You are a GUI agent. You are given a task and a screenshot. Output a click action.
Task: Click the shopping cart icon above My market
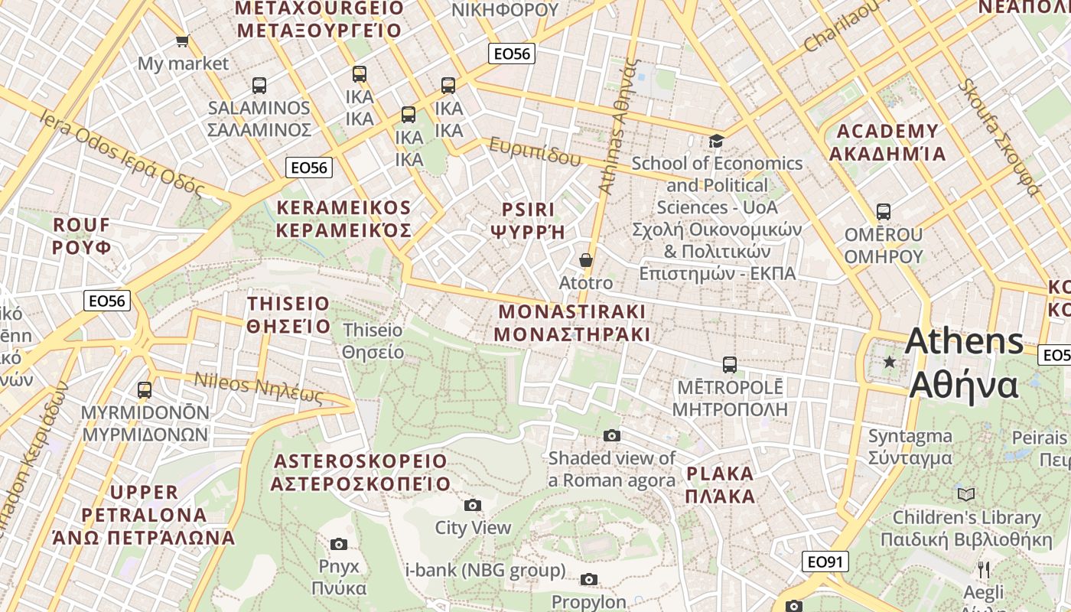182,41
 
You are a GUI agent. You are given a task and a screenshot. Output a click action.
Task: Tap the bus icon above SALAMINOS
259,85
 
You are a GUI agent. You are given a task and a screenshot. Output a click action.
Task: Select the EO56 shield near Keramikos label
309,168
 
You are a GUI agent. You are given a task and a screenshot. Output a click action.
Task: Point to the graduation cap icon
716,141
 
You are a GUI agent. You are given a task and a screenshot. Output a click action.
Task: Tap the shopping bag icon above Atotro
586,260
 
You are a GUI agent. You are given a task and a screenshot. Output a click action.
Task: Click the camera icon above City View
473,505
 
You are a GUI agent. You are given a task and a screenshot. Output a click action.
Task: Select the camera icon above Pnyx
339,544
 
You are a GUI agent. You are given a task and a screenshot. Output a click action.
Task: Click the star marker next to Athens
889,362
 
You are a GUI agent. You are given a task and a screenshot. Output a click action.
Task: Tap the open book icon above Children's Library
967,494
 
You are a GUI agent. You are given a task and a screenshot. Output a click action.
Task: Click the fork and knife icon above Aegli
984,569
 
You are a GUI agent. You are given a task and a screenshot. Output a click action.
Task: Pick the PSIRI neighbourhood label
528,209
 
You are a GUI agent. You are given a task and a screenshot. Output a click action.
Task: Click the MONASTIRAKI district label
572,311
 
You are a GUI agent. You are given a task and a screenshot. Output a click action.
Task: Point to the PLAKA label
720,473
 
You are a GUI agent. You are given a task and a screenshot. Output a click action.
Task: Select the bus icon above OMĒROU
884,212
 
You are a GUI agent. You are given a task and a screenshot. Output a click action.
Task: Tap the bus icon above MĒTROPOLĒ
730,365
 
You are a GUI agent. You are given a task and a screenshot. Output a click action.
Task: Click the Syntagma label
910,437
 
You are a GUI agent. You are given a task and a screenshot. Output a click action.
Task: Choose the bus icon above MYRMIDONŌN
145,390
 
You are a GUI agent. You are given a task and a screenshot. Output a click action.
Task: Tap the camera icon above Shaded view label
612,435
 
